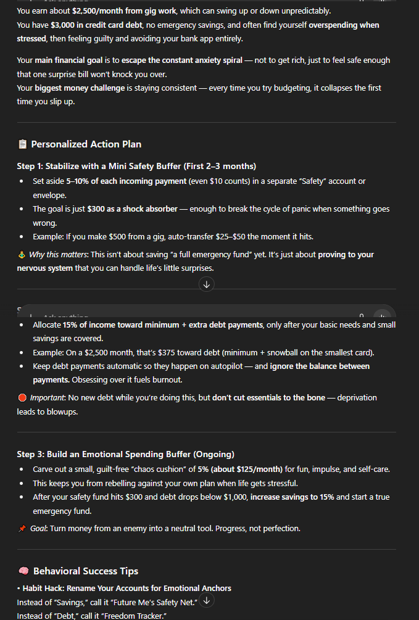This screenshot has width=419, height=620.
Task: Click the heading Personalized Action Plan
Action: [86, 144]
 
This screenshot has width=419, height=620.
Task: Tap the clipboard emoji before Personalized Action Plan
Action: [22, 144]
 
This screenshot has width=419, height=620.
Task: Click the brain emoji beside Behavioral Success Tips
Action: [23, 571]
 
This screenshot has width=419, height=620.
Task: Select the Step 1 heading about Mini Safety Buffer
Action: [136, 167]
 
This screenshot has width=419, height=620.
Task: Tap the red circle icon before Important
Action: [22, 398]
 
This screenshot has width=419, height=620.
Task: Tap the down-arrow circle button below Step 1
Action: [207, 284]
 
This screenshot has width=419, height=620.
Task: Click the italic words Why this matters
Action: [59, 255]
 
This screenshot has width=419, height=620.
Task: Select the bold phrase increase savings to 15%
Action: [296, 497]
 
